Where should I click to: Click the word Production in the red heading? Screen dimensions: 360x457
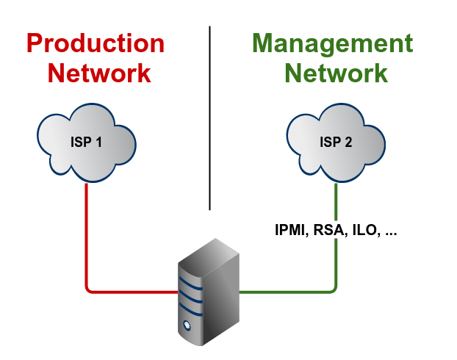96,43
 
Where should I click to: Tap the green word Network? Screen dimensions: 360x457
336,73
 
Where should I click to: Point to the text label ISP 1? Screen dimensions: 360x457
86,143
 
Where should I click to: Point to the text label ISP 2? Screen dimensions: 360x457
335,143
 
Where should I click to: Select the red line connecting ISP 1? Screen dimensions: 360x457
87,235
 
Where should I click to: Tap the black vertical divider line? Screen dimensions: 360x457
209,118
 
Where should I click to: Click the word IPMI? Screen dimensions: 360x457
289,231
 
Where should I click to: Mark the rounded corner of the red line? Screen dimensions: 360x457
90,289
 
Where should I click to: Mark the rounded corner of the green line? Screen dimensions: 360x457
334,289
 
